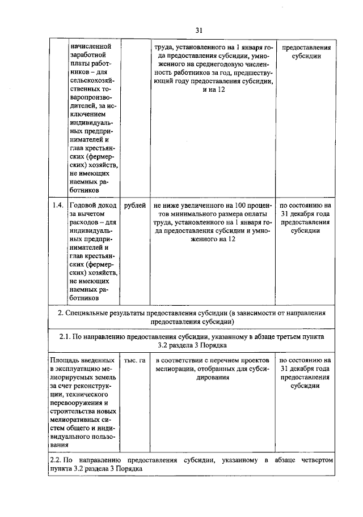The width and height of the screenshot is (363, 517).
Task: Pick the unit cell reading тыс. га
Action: [x=135, y=360]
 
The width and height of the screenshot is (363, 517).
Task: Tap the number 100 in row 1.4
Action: [x=241, y=206]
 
